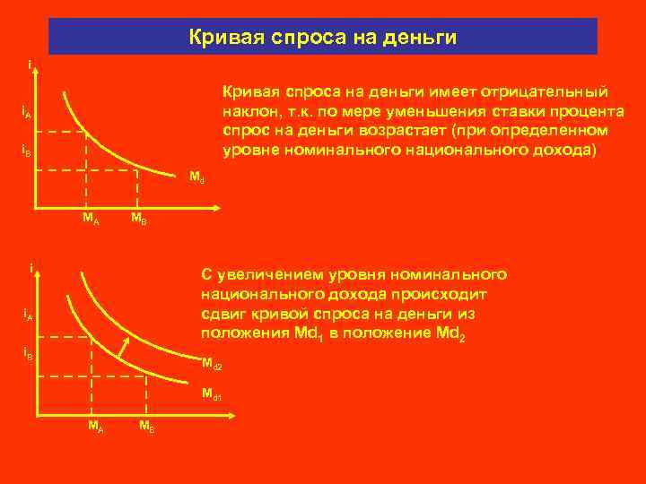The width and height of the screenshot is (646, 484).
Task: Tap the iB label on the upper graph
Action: [x=27, y=151]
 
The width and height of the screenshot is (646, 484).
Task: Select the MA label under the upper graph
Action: [x=91, y=219]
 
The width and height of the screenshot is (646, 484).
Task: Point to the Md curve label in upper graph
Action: [x=196, y=177]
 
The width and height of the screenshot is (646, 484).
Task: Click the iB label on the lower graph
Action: [x=27, y=354]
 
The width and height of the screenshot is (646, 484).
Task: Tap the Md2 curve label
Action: [x=212, y=365]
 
